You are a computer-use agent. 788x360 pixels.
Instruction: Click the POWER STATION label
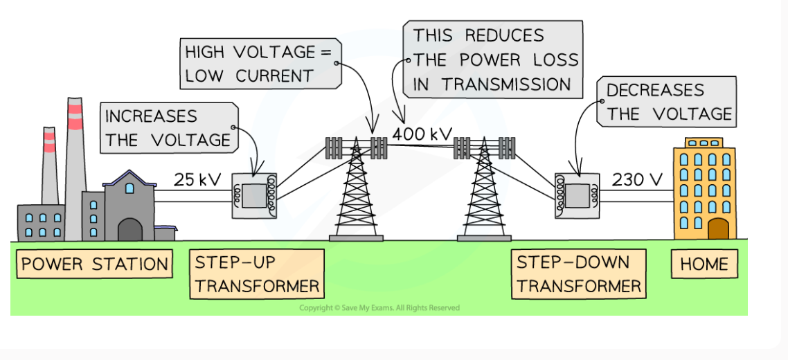(x=94, y=264)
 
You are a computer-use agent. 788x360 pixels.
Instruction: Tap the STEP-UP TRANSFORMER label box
(x=257, y=274)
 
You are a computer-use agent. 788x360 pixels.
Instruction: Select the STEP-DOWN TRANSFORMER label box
(x=579, y=274)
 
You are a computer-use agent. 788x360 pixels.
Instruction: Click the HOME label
(x=704, y=264)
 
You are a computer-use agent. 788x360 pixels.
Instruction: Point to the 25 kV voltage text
(x=197, y=181)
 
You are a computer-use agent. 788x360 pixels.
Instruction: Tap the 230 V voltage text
(x=637, y=181)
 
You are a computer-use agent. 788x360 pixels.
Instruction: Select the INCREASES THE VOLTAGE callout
(x=168, y=128)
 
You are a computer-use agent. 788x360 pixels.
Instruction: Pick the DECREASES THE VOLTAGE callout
(x=669, y=102)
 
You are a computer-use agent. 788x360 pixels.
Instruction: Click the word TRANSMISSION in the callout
(x=507, y=84)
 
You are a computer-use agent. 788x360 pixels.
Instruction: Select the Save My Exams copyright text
(x=379, y=308)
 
